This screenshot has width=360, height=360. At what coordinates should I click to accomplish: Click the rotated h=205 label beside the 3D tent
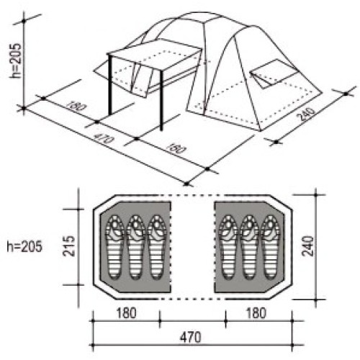(x=16, y=60)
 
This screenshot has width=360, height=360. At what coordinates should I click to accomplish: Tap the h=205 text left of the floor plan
(x=24, y=246)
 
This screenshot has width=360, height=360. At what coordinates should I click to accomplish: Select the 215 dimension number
(x=69, y=246)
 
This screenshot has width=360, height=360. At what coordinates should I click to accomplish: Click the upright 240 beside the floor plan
(x=308, y=246)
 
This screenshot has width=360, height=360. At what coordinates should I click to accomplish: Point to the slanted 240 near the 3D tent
(x=306, y=114)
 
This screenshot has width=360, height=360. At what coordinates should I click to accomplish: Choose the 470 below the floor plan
(x=191, y=337)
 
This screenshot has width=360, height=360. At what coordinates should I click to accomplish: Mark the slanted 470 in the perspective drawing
(x=103, y=138)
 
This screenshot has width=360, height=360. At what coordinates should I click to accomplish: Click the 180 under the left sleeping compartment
(x=126, y=312)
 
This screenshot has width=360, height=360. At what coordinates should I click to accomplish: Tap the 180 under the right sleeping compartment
(x=256, y=312)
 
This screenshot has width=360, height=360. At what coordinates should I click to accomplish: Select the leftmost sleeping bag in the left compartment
(x=114, y=247)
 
